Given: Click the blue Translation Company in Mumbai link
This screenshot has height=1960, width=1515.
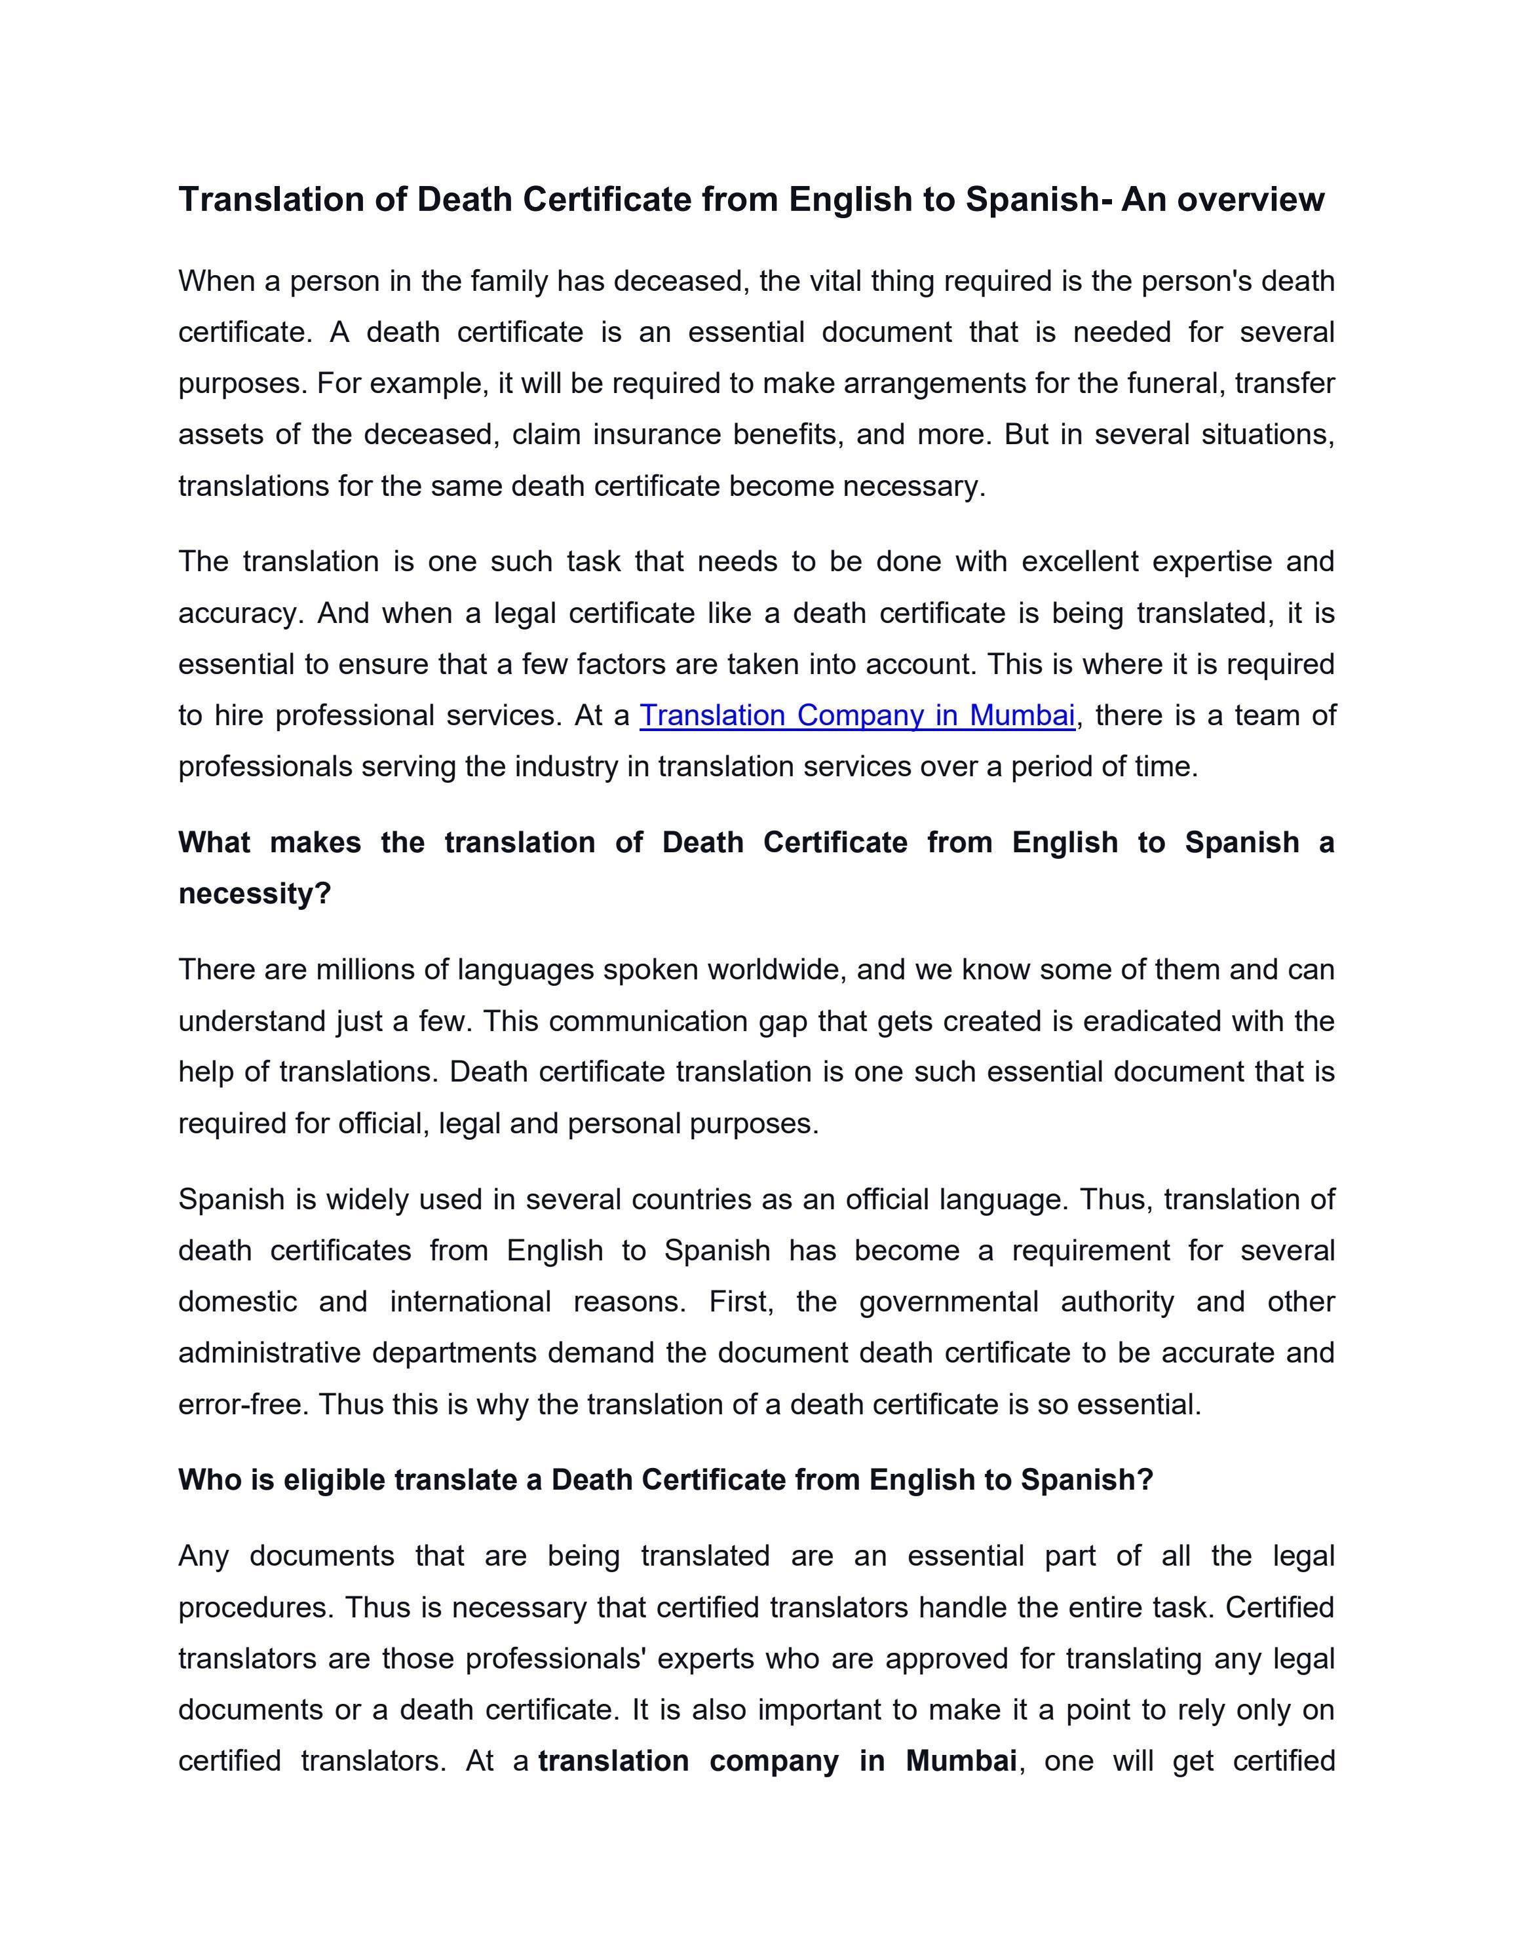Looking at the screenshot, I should coord(856,715).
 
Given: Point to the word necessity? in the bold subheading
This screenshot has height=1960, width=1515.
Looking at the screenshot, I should coord(255,894).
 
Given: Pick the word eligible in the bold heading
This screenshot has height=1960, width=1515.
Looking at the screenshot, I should coord(334,1480).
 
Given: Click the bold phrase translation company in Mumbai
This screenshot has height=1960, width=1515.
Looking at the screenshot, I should coord(777,1762).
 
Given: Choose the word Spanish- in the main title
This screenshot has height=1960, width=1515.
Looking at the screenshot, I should coord(1039,199).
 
